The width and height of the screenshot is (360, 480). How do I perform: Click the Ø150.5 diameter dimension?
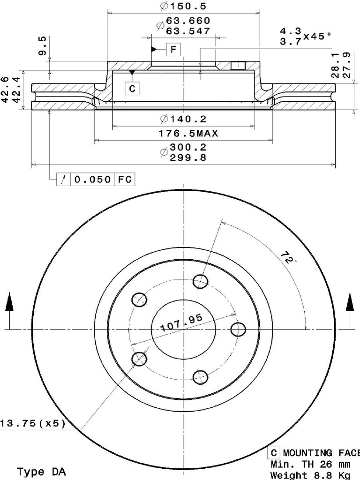pos(183,6)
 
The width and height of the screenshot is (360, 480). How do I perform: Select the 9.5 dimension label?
pos(43,45)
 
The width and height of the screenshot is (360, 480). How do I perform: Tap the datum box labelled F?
pos(173,49)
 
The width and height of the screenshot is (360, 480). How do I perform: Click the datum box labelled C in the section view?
pos(132,89)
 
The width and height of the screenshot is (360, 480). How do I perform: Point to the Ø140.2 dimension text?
pos(183,119)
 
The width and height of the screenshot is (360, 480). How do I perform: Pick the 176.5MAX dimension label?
pos(188,133)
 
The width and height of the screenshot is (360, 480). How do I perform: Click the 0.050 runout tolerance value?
pos(92,179)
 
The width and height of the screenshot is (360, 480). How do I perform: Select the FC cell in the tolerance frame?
pos(125,179)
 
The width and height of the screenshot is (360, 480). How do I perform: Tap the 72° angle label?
pos(288,258)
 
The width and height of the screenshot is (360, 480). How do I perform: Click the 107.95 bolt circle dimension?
pos(181,322)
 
